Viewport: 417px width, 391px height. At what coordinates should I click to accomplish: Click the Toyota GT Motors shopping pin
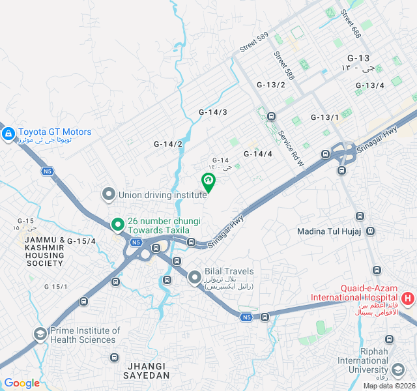[x=8, y=135]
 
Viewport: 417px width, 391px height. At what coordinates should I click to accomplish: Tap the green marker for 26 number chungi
[x=117, y=225]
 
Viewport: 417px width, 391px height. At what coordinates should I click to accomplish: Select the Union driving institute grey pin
[x=109, y=194]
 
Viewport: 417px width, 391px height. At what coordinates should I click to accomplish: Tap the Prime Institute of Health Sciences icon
[x=40, y=334]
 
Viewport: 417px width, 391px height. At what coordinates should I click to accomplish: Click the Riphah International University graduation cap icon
[x=389, y=340]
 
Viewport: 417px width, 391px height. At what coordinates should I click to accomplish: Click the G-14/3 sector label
[x=213, y=112]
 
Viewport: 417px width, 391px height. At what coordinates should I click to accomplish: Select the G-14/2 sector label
[x=168, y=144]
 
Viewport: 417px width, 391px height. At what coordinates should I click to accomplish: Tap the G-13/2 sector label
[x=271, y=85]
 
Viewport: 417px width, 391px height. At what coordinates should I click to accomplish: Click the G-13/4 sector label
[x=369, y=85]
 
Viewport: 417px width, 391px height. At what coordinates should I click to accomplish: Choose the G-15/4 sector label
[x=81, y=241]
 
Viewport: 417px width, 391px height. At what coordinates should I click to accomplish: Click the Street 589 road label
[x=253, y=42]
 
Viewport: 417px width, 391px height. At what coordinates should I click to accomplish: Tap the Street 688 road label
[x=350, y=23]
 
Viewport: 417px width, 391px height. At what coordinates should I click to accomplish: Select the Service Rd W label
[x=291, y=148]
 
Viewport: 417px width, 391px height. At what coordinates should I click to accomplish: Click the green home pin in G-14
[x=208, y=181]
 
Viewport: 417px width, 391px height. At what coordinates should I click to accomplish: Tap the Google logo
[x=22, y=383]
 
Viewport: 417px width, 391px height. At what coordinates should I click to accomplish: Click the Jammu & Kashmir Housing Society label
[x=45, y=251]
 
